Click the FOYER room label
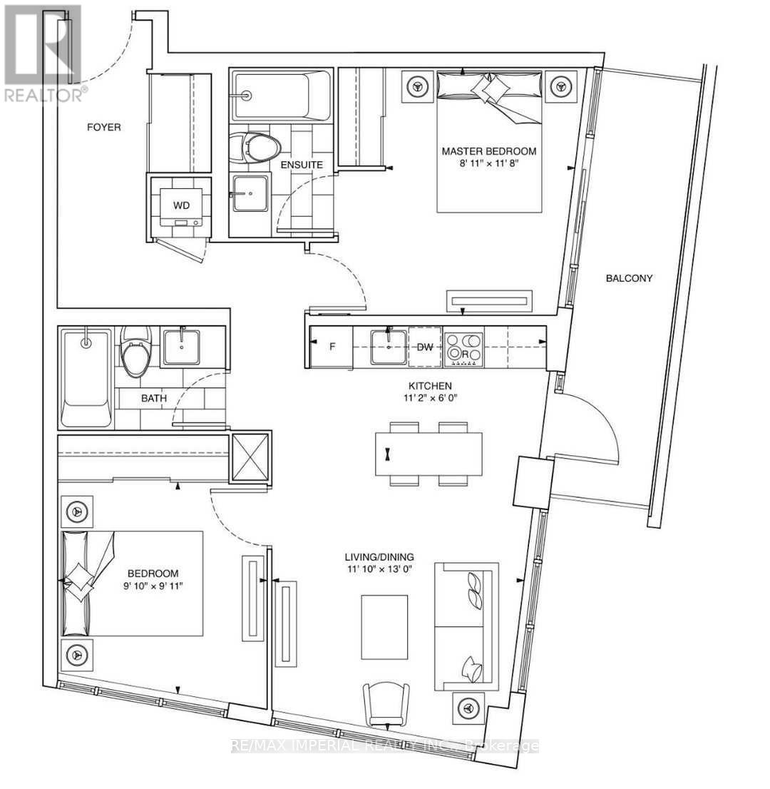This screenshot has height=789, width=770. [x=104, y=128]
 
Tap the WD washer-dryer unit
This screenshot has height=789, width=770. [x=182, y=205]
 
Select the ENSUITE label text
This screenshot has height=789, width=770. [x=302, y=165]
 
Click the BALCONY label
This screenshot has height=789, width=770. [x=629, y=278]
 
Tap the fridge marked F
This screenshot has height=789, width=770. [x=332, y=347]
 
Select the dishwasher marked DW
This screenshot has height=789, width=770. [x=426, y=347]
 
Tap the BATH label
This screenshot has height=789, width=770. [x=153, y=398]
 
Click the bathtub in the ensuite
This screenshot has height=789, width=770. [x=282, y=95]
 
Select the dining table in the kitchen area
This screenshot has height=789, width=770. [x=428, y=454]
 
